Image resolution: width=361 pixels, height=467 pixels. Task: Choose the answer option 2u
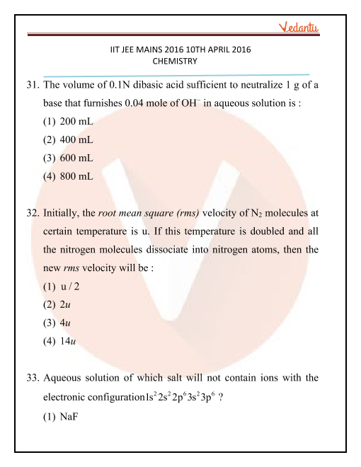[68, 305]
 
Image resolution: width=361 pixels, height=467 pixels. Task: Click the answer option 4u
[68, 323]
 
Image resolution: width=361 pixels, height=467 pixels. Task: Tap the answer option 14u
[70, 342]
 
